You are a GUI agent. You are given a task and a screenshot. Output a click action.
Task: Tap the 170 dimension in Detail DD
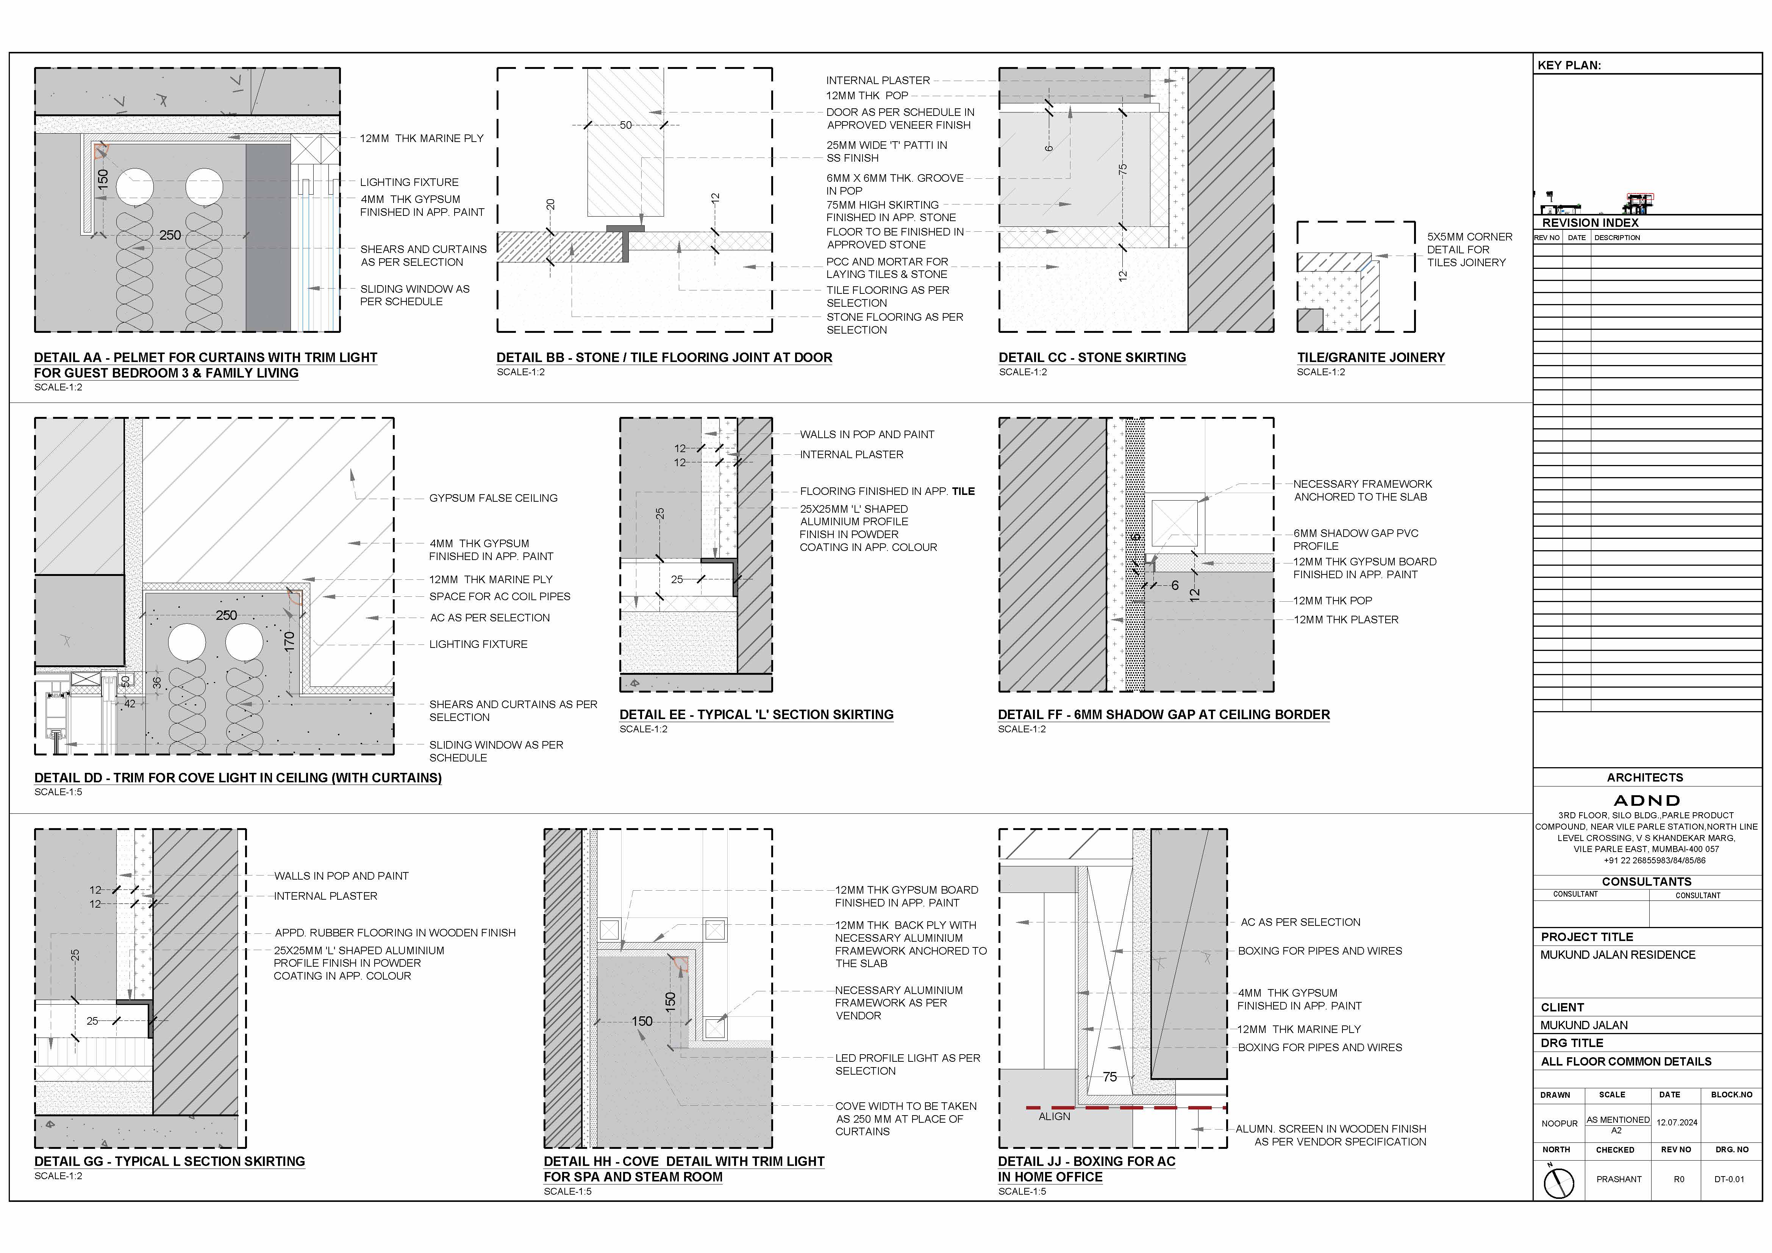click(289, 641)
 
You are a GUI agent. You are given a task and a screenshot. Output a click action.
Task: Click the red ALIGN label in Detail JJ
click(1054, 1116)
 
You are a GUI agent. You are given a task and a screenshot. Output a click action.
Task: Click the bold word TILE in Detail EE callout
click(963, 492)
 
